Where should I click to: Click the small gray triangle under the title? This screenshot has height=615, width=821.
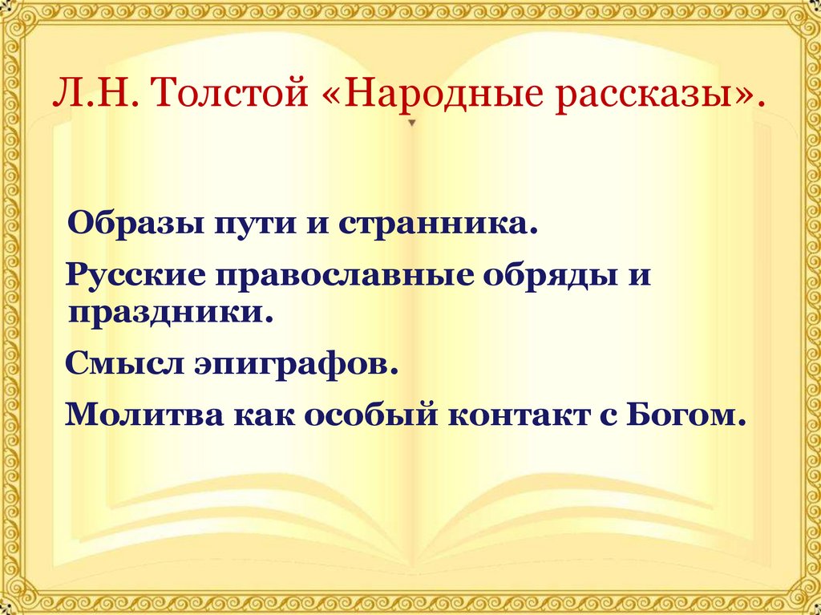pos(412,124)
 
